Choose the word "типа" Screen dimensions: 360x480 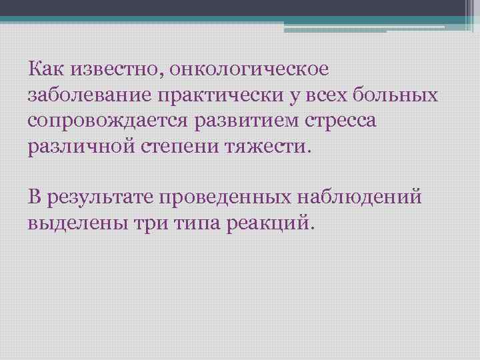[196, 223]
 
